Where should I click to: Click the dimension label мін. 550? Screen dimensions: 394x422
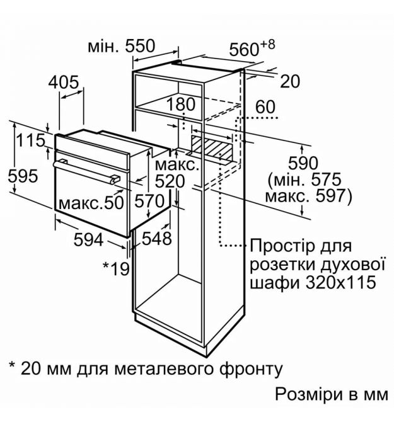(x=122, y=46)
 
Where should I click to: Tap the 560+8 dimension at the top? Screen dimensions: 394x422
(x=252, y=48)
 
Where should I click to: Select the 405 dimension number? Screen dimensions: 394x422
(x=64, y=83)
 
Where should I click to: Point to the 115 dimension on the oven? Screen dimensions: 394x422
(x=30, y=140)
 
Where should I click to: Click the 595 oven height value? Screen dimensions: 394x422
(x=23, y=176)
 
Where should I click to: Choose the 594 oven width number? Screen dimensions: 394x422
(x=89, y=239)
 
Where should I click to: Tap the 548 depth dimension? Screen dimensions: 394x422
(x=156, y=238)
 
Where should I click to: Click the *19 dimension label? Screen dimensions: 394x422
(x=117, y=268)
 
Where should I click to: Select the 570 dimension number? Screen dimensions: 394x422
(x=149, y=201)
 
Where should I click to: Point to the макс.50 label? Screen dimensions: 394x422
(x=91, y=203)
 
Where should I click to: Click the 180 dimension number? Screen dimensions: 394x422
(x=181, y=105)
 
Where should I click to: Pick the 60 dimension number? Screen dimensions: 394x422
(x=265, y=106)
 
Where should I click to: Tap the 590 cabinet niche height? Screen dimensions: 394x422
(x=303, y=163)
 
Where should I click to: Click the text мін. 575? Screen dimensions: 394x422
(x=304, y=180)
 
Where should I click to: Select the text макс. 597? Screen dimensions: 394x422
(x=309, y=196)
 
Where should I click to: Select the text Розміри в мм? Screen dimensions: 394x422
(x=332, y=395)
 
